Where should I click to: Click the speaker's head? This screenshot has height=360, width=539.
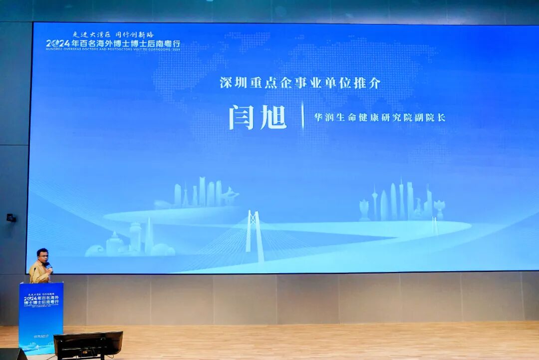42,256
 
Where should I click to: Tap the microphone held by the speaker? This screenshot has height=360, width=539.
49,266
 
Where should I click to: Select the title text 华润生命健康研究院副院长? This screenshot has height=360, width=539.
379,118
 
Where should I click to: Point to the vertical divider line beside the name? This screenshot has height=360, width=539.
302,116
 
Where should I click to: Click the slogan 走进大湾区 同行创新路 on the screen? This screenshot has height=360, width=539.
113,35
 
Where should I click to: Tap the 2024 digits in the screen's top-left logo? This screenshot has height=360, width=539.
58,43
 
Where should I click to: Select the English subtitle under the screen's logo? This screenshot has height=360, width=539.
113,49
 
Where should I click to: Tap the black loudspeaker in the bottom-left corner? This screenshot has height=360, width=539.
12,354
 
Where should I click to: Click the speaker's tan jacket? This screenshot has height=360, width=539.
39,274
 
